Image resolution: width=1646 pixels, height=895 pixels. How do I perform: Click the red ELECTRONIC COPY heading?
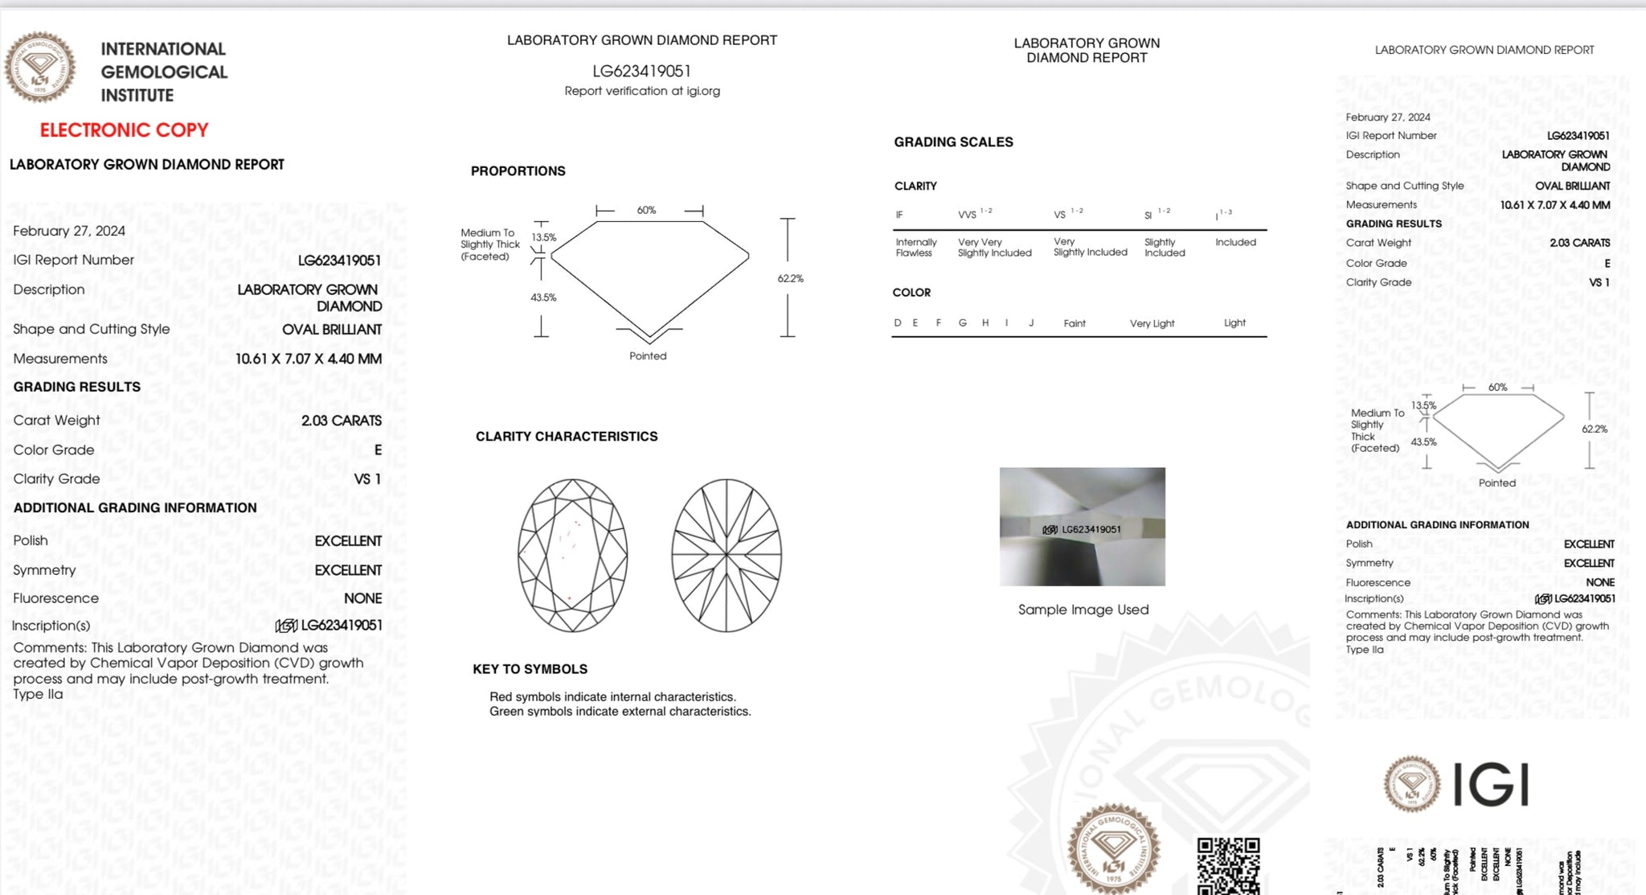[x=124, y=130]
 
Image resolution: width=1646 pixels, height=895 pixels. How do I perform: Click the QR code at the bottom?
[x=1228, y=865]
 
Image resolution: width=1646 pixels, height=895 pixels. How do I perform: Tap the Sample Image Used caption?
[x=1083, y=610]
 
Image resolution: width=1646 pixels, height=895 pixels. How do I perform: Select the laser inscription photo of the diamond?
[x=1082, y=527]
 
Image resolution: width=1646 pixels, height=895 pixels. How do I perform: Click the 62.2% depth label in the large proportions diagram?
[x=790, y=278]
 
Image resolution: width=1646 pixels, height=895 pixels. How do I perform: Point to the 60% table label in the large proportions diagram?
[x=646, y=211]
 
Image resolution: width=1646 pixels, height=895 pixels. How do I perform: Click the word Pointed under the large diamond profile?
[x=648, y=356]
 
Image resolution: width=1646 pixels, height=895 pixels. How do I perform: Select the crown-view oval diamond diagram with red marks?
[x=572, y=555]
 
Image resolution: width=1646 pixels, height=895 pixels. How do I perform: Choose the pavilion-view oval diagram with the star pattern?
[x=726, y=555]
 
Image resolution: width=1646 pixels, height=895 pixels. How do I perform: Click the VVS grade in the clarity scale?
[x=968, y=215]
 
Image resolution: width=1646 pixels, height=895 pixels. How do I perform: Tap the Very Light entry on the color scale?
[x=1152, y=323]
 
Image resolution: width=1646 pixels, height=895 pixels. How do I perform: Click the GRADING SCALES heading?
[x=953, y=142]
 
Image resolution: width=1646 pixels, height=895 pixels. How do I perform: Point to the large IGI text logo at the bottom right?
[x=1491, y=785]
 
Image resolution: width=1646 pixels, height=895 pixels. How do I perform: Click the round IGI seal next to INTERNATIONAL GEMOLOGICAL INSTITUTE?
[x=40, y=68]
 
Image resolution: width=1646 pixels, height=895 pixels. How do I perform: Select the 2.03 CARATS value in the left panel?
[x=341, y=421]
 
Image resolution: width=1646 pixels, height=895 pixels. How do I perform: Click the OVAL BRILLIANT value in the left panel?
[x=331, y=330]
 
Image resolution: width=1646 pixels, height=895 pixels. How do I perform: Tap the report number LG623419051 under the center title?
[x=641, y=72]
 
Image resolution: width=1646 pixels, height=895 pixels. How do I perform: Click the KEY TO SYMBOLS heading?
[x=530, y=669]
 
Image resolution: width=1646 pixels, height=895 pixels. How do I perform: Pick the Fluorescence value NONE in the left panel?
[x=362, y=598]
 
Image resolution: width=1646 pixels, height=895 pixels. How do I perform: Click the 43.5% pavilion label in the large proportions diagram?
[x=543, y=298]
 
